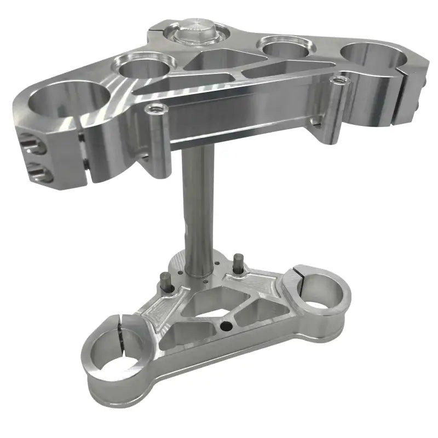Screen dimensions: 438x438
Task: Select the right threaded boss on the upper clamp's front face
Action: tap(340, 82)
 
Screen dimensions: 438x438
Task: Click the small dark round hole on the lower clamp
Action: tap(224, 328)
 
